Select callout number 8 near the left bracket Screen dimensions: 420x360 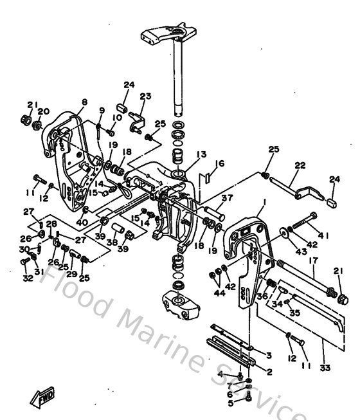[84, 102]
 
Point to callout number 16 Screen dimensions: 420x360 [221, 164]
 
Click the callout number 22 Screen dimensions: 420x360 [300, 165]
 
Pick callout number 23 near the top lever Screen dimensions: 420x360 [146, 96]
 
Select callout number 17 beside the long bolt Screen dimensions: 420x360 [313, 260]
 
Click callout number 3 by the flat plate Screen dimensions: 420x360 [269, 354]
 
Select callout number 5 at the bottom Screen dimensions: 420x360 [230, 404]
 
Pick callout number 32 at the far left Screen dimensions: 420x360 [26, 278]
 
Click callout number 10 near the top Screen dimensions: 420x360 [118, 117]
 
